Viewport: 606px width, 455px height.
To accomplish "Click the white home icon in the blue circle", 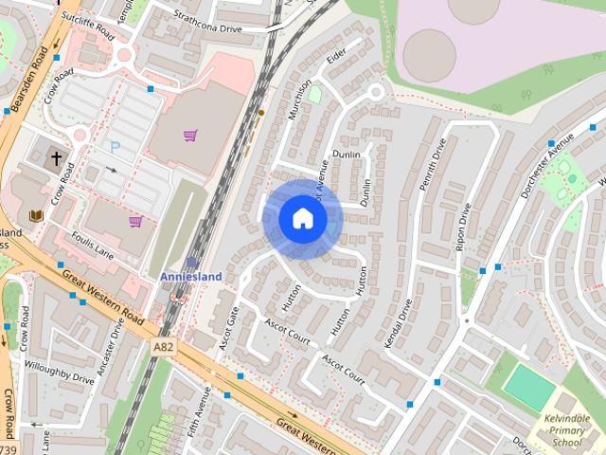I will [302, 219].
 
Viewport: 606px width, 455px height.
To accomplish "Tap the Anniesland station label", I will [190, 276].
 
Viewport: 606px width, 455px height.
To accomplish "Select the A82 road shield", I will [163, 348].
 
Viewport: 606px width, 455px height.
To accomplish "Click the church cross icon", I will [56, 157].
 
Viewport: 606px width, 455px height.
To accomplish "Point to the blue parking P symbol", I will [116, 147].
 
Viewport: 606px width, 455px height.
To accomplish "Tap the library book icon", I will [37, 217].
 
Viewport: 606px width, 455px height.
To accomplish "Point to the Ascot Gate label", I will [227, 328].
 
